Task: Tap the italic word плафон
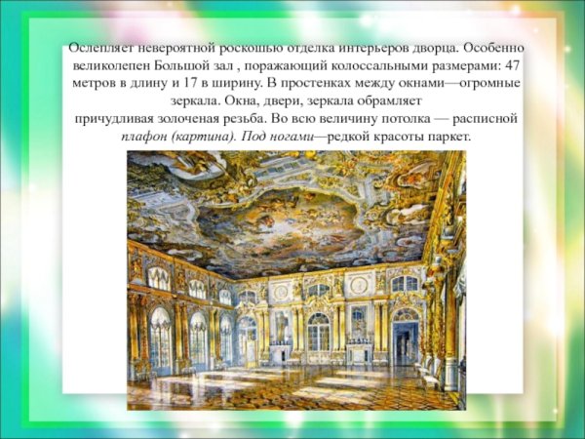(145, 136)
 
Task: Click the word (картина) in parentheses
(204, 136)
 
